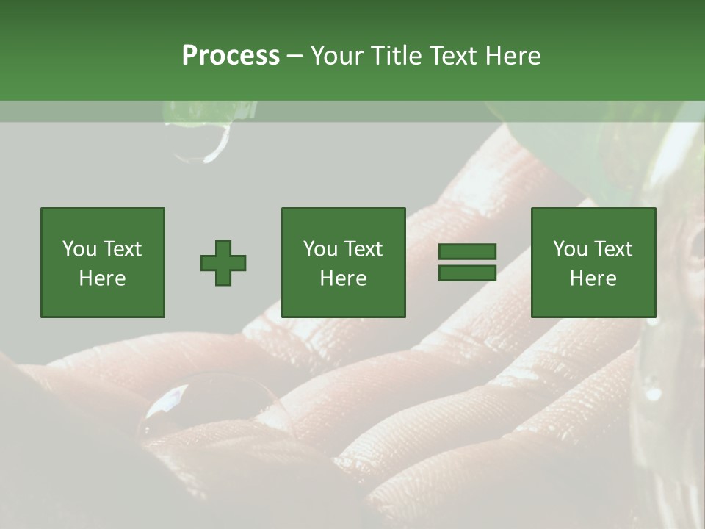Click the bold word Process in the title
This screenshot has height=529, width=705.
231,56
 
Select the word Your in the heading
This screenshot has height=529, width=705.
337,56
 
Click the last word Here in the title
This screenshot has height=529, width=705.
511,56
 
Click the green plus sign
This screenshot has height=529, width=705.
223,263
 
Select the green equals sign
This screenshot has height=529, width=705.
467,262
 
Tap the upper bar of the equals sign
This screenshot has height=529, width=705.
467,252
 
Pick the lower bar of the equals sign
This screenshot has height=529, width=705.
467,273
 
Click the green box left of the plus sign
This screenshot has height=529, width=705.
103,262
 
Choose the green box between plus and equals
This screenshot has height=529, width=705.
343,262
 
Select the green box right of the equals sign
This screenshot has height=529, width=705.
593,262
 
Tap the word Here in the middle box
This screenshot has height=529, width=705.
343,278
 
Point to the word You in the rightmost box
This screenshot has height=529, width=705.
571,249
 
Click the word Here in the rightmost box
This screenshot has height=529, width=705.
593,278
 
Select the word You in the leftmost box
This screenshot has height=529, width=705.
79,249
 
